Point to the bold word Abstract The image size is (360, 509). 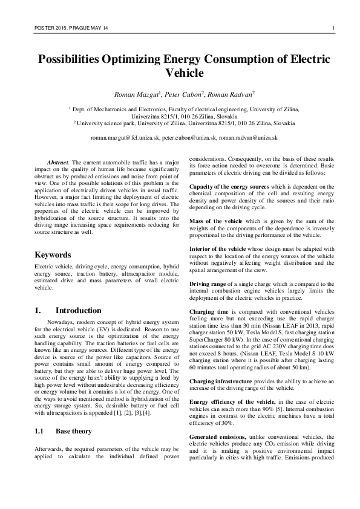(x=58, y=163)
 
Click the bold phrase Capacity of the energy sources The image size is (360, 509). (x=229, y=186)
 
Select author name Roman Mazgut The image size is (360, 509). (x=136, y=95)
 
